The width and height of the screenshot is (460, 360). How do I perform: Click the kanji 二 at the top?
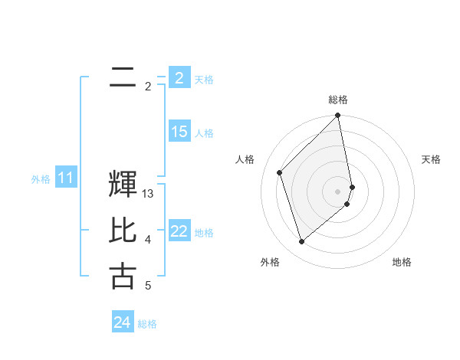123,77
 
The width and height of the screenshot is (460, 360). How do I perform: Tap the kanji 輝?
123,185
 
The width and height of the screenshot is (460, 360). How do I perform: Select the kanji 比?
123,231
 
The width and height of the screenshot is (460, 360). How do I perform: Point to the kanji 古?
123,277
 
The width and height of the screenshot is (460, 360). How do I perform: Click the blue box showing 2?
179,78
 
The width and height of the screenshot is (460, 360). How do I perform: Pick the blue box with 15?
179,132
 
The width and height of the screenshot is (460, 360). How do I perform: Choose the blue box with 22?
179,231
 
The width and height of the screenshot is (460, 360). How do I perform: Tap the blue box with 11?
65,178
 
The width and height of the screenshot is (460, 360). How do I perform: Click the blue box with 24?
122,322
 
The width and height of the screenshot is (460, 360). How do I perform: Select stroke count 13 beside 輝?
149,194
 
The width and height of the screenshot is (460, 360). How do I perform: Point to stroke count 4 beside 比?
148,240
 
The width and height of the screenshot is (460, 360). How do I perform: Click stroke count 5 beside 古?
148,286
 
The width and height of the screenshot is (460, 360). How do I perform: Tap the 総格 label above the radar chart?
338,100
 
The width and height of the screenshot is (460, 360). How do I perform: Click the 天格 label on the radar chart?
432,159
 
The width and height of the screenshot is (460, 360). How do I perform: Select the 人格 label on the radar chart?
245,159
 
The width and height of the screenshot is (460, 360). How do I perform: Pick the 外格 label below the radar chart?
269,262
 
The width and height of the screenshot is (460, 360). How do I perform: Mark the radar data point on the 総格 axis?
338,116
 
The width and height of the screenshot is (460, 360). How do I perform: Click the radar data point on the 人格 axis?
280,172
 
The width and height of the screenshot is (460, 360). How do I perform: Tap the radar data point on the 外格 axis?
302,242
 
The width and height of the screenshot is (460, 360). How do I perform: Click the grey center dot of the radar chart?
338,191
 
